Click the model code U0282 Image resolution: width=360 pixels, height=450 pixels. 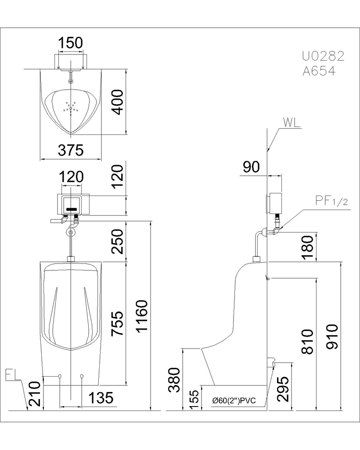point(323,56)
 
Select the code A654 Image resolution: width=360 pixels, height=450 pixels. point(319,71)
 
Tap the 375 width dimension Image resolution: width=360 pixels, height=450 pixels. point(71,150)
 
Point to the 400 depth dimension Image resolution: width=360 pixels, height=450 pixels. point(118,102)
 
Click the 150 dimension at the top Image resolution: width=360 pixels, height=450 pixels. point(71,43)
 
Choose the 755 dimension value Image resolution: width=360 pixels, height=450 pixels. point(118,323)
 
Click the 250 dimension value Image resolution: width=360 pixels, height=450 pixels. point(118,241)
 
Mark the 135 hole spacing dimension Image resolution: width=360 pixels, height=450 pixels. point(101,398)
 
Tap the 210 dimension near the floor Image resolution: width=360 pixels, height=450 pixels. point(36,393)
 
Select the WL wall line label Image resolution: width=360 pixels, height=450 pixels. point(292,123)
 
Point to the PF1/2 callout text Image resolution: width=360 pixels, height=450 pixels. point(331,201)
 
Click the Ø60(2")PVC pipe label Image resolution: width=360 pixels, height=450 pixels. point(234,401)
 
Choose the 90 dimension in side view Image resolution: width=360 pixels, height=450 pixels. point(251,167)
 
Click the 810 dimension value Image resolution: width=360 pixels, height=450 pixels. point(308,341)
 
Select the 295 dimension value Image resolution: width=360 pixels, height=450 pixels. point(283,389)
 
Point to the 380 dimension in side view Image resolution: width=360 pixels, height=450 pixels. point(174,380)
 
